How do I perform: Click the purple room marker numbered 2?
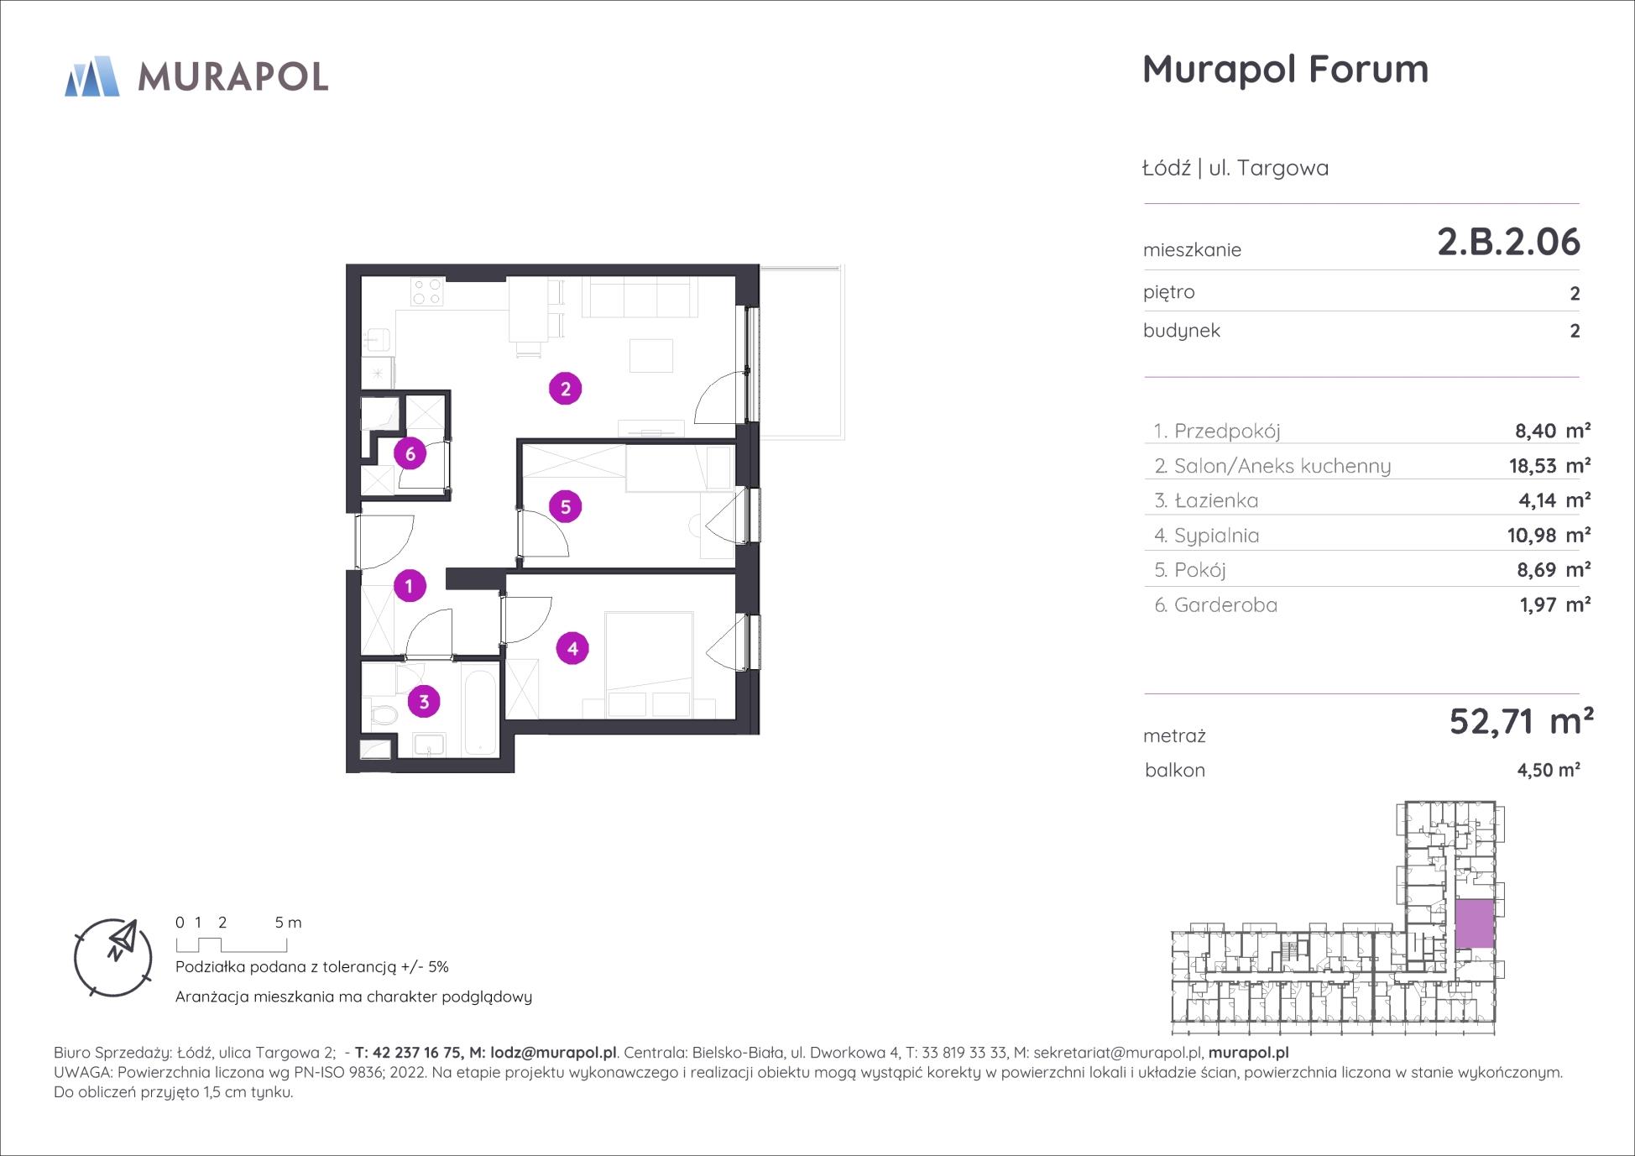click(565, 389)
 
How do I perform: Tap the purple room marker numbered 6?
click(410, 454)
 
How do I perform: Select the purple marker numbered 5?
click(565, 506)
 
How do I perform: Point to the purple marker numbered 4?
click(572, 648)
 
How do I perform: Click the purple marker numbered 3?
click(424, 702)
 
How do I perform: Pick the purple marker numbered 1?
click(410, 585)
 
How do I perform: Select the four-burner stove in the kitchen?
click(426, 291)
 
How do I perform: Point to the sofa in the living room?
click(640, 298)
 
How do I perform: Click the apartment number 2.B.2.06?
click(1508, 242)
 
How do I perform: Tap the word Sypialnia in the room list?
click(1216, 536)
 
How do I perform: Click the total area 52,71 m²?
click(1521, 721)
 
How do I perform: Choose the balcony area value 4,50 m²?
click(1549, 770)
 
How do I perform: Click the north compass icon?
click(113, 957)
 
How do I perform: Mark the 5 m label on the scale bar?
click(288, 923)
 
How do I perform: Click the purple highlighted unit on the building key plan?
click(1475, 923)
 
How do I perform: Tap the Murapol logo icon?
click(92, 76)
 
